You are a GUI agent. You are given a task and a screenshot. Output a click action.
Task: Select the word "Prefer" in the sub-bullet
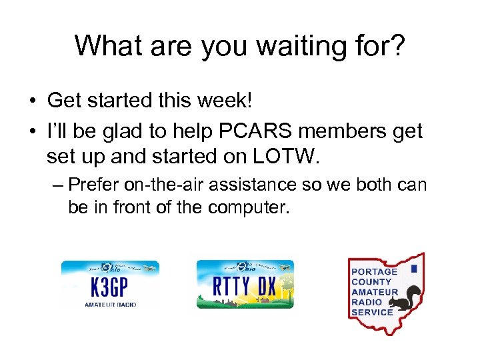tap(93, 184)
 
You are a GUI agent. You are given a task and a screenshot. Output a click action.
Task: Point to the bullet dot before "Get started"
tap(32, 101)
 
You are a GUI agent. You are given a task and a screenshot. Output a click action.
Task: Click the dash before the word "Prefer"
tap(56, 184)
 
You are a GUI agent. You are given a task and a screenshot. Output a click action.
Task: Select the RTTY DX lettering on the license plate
tap(245, 287)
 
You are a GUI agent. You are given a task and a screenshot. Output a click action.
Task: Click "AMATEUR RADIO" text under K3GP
tap(110, 304)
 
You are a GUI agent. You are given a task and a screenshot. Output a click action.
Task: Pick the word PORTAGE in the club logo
tap(373, 271)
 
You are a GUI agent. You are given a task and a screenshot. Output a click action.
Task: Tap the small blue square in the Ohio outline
tap(413, 269)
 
